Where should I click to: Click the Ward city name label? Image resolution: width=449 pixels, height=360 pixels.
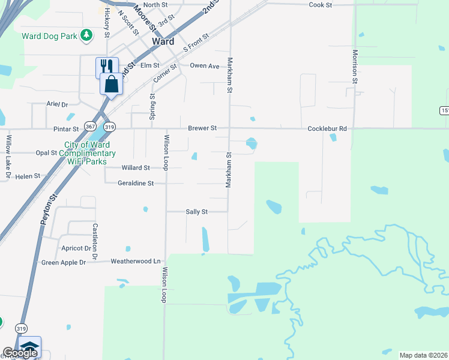(x=163, y=41)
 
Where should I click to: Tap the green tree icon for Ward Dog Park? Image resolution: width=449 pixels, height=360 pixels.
(x=87, y=35)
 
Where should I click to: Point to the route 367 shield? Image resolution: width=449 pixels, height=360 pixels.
(x=90, y=127)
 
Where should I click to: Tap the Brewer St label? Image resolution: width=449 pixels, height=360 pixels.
(x=202, y=128)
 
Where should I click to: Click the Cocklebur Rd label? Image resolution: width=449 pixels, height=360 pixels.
(x=327, y=128)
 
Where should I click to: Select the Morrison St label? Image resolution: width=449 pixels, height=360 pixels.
(x=355, y=66)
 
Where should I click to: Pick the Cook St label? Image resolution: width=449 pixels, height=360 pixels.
(x=320, y=5)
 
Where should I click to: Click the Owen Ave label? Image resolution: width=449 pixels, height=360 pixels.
(x=205, y=66)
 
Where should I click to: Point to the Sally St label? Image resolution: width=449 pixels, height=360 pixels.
(x=196, y=212)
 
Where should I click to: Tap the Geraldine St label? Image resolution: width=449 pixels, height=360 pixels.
(x=136, y=183)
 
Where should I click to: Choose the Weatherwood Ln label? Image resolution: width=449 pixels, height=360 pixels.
(x=136, y=261)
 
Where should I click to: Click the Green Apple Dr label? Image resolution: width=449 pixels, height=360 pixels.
(x=64, y=262)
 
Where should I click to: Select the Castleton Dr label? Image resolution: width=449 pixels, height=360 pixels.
(x=95, y=238)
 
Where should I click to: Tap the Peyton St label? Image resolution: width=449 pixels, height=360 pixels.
(x=49, y=209)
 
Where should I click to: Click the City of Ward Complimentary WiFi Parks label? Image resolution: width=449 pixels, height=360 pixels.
(x=85, y=153)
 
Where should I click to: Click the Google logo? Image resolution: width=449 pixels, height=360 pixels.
(x=20, y=353)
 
